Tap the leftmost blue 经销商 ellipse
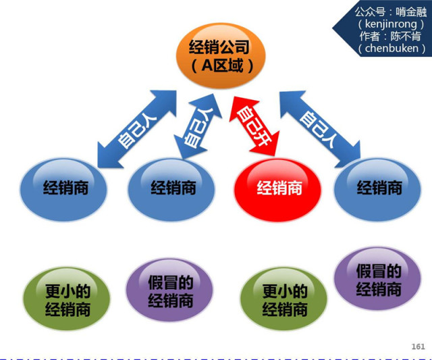point(64,187)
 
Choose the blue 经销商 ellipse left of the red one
point(172,187)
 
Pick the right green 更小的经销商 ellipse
point(284,298)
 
